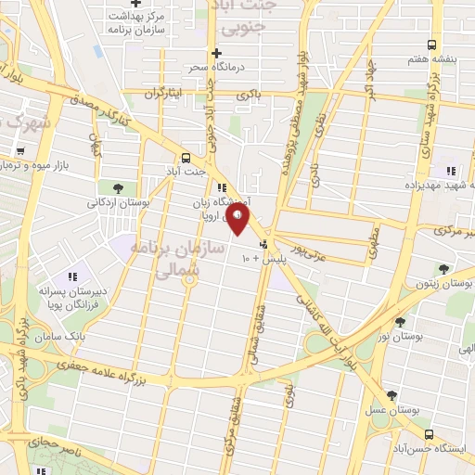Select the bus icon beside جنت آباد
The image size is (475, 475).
[186, 158]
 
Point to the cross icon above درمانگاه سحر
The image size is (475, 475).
[216, 53]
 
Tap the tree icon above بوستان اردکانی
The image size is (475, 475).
[117, 188]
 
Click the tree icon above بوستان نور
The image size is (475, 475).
[400, 323]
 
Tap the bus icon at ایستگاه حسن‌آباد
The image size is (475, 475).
[428, 434]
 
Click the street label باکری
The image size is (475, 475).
[249, 95]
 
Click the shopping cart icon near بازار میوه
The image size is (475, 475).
[20, 150]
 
